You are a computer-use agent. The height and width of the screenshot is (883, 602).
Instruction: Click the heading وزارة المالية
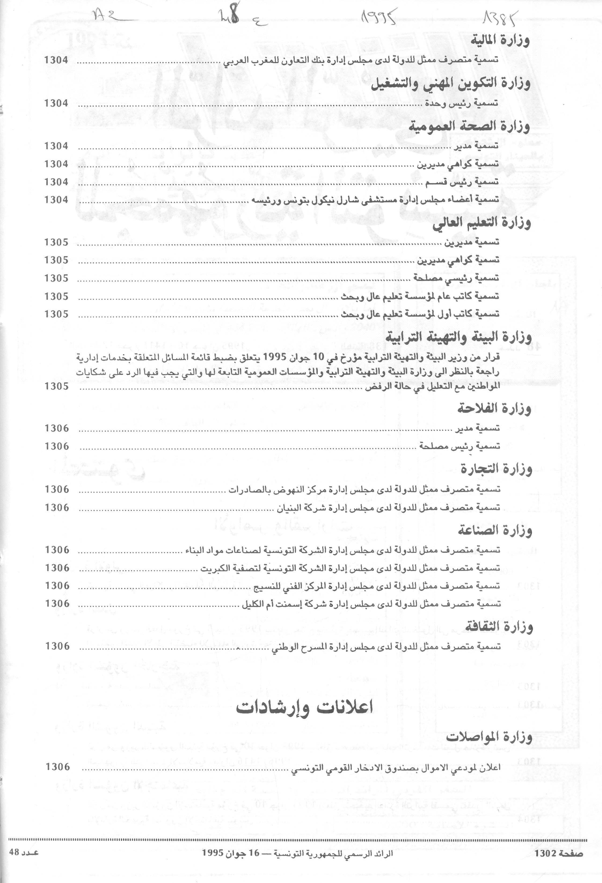pos(500,41)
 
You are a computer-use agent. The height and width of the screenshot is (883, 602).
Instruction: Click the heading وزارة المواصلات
pos(489,738)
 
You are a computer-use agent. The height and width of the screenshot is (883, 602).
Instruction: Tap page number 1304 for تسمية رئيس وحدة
pos(56,103)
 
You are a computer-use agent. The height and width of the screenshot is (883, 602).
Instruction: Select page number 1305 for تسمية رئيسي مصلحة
pos(56,279)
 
